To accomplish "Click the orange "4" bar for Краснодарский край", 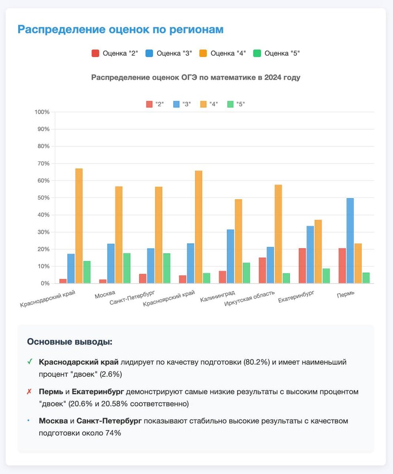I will [x=79, y=226].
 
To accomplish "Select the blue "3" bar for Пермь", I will [x=350, y=241].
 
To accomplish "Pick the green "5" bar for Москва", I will [x=127, y=268].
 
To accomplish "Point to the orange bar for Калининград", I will [x=238, y=241].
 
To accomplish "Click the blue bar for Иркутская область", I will [x=270, y=265].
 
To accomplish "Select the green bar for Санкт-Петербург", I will [x=166, y=268].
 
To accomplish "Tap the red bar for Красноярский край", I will [x=183, y=279].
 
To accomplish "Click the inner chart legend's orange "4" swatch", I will [x=203, y=104].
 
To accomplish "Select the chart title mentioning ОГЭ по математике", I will [x=196, y=77].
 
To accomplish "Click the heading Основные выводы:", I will [x=70, y=342].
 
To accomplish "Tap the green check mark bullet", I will [x=30, y=362].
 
